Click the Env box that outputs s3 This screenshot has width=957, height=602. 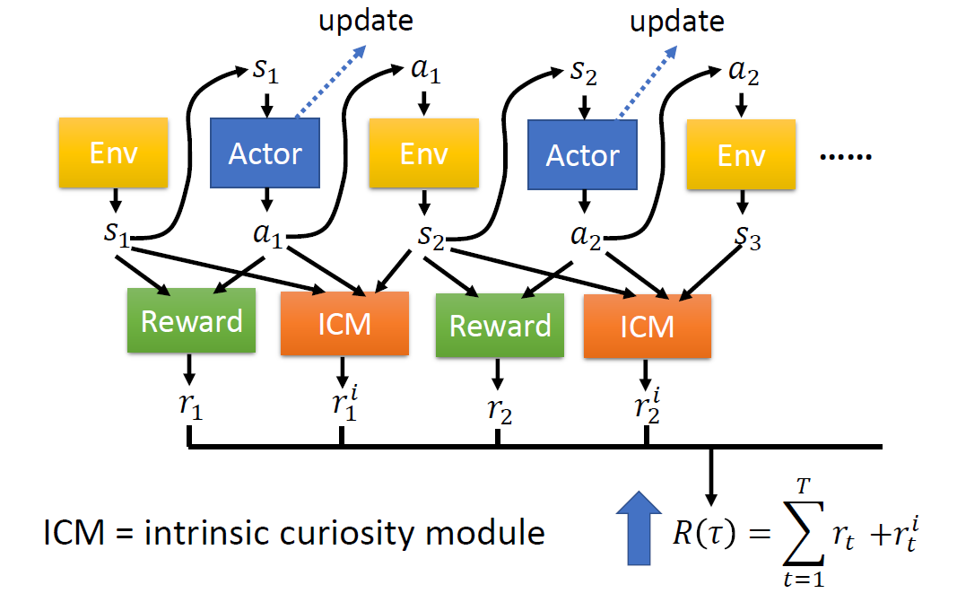(741, 154)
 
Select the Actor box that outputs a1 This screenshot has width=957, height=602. (265, 153)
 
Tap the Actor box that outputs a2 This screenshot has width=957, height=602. (582, 154)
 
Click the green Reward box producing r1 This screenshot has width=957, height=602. (192, 320)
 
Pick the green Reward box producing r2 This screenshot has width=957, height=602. (500, 326)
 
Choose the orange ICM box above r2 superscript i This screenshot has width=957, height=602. (648, 326)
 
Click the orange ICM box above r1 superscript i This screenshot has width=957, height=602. (344, 324)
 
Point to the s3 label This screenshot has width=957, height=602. (748, 237)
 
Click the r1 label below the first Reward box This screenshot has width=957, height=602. (190, 405)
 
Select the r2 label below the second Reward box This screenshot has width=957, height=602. (500, 410)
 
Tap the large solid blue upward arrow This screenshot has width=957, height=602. (639, 528)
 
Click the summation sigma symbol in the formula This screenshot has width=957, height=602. (804, 532)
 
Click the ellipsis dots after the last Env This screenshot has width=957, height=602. (846, 157)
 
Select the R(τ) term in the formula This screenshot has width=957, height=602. (704, 533)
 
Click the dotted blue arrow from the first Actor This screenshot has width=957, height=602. (330, 82)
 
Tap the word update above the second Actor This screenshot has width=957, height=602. (677, 22)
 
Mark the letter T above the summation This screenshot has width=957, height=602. (804, 486)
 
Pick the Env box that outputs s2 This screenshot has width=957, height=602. (423, 153)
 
